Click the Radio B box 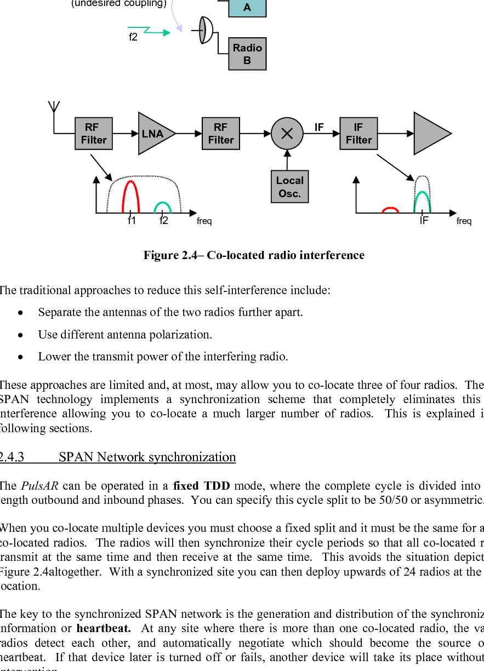247,54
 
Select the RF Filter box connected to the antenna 94,134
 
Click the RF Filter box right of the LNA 221,134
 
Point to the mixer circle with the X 287,134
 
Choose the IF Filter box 358,134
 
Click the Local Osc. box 289,187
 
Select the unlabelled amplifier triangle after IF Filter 429,134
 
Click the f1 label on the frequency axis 132,221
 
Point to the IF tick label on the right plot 424,221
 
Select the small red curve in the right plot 390,209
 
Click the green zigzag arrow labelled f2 149,31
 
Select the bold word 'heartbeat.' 103,628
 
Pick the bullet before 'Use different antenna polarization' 20,335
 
